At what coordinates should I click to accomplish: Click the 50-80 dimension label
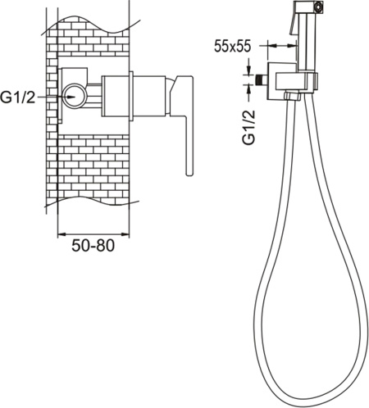coord(93,246)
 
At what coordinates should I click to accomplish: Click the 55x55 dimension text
coord(232,46)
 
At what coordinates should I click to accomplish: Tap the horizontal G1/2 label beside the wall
coord(18,97)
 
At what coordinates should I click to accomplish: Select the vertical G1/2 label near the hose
coord(248,127)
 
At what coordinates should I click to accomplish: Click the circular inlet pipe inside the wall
coord(75,97)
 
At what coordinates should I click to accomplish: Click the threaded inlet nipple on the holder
coord(262,80)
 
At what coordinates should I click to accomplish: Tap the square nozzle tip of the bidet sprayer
coord(318,6)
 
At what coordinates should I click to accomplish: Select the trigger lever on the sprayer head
coord(293,22)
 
